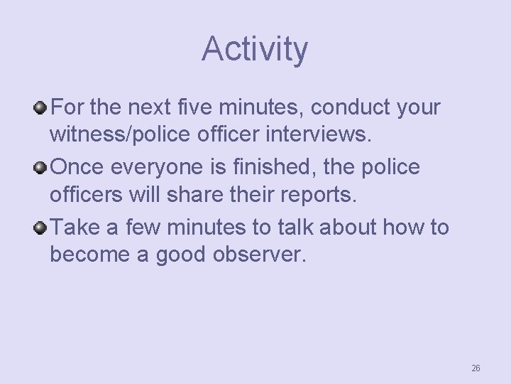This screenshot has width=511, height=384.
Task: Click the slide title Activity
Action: (255, 49)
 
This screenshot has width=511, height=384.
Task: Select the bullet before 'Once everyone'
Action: (42, 168)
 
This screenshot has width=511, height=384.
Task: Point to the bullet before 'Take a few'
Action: (42, 228)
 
